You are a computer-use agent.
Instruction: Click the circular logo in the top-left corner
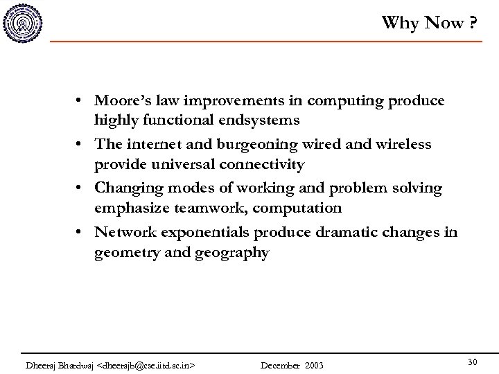23,22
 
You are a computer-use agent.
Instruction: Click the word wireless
403,145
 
